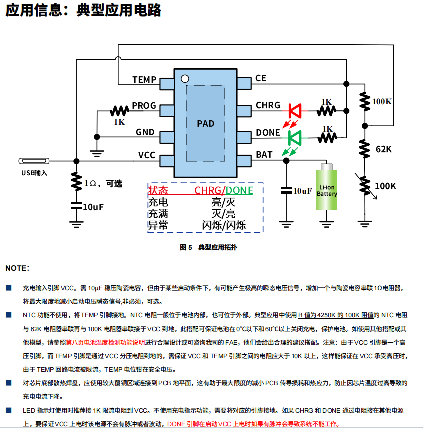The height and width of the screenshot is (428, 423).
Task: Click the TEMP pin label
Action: [144, 79]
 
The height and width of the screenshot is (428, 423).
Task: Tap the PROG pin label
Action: [144, 106]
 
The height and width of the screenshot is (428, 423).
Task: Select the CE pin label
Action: [261, 78]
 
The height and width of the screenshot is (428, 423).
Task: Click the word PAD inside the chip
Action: [205, 123]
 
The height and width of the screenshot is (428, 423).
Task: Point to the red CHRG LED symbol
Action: [293, 109]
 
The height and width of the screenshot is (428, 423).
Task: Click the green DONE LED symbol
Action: [293, 136]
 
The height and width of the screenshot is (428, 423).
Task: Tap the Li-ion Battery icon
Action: [327, 190]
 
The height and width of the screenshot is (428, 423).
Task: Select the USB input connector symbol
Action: [34, 161]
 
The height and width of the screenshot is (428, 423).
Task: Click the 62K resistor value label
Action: [383, 149]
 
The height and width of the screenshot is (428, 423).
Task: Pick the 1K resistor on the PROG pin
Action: [120, 110]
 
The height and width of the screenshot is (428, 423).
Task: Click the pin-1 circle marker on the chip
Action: [184, 78]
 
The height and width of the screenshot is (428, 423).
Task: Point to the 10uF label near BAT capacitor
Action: [302, 191]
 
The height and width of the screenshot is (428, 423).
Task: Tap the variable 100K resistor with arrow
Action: [365, 186]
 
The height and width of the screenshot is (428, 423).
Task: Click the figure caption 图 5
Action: [186, 247]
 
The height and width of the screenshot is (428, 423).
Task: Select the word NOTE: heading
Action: [17, 268]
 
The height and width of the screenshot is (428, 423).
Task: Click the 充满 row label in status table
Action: [158, 214]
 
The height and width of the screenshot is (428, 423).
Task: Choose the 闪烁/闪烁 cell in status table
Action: [224, 225]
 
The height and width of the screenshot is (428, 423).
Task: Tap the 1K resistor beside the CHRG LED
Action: [327, 109]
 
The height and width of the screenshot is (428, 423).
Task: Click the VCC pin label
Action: [147, 155]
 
